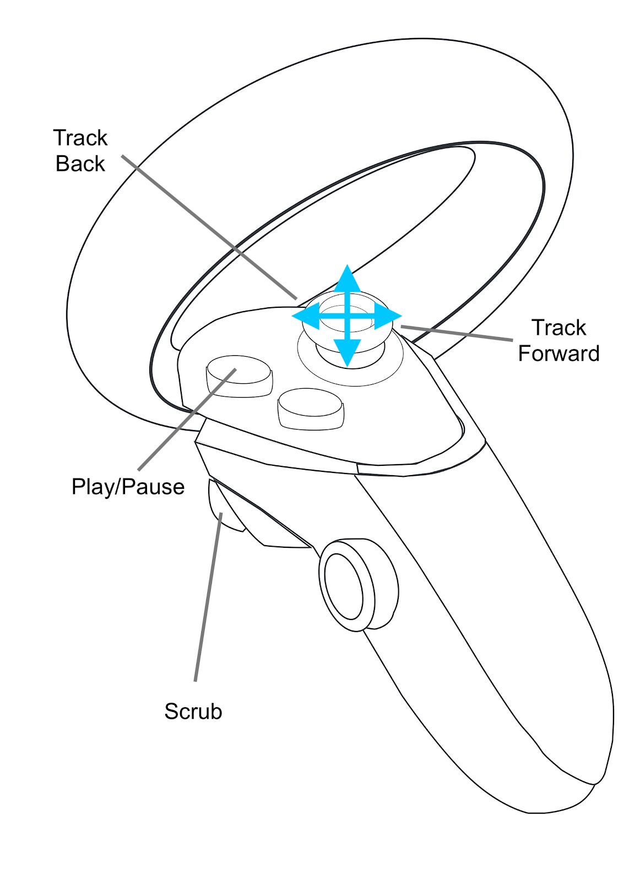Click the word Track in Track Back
click(80, 138)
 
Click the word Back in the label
click(80, 164)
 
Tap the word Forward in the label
click(558, 354)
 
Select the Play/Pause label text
click(128, 487)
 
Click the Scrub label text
click(193, 711)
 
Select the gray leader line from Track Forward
click(457, 333)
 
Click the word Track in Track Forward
click(558, 328)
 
